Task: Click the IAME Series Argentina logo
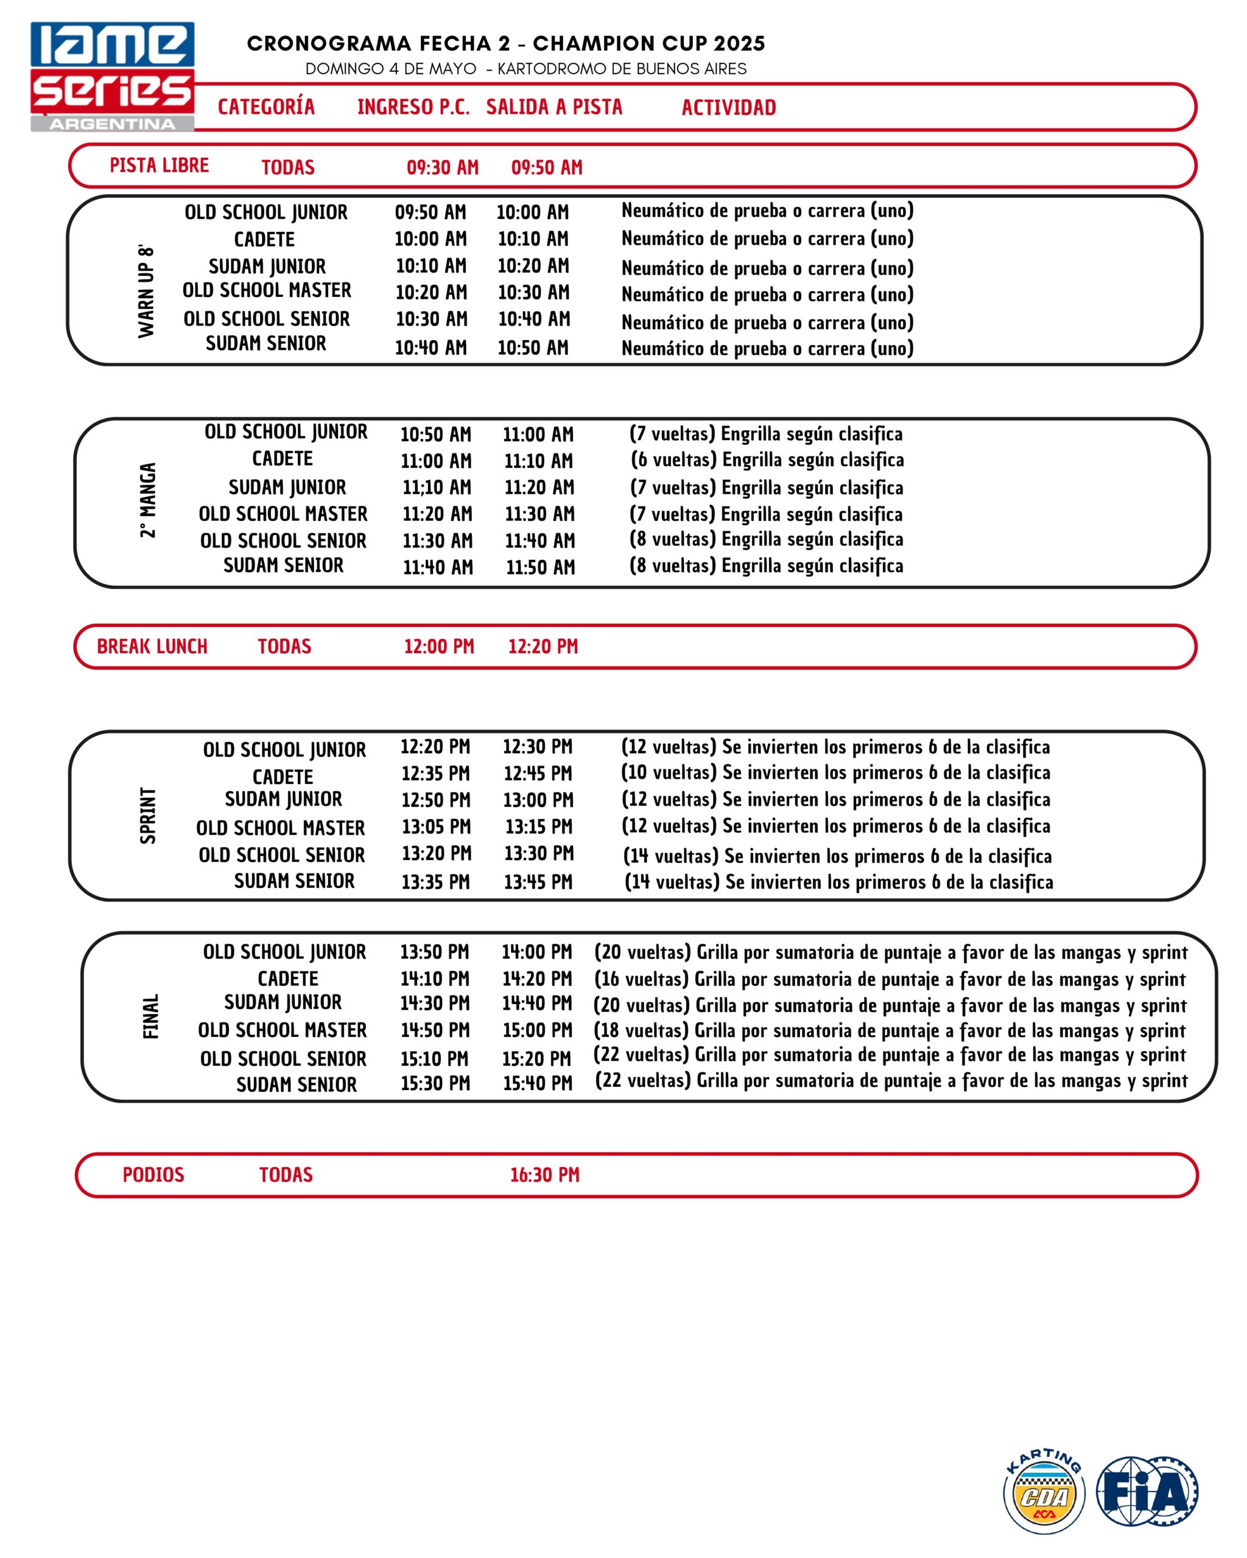click(x=112, y=77)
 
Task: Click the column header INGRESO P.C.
click(x=413, y=107)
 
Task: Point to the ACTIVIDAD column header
click(x=728, y=108)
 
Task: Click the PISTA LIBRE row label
click(x=159, y=166)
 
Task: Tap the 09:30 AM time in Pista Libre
click(x=443, y=167)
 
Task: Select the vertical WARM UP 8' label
click(x=147, y=290)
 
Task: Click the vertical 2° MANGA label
click(x=148, y=500)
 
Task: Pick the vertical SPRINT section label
click(x=148, y=815)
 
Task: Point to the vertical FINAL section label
click(x=150, y=1016)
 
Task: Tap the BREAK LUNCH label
click(x=152, y=646)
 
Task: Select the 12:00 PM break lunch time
click(x=439, y=646)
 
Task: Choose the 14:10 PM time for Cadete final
click(x=435, y=979)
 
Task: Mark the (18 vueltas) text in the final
click(x=641, y=1030)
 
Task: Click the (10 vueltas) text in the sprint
click(x=669, y=772)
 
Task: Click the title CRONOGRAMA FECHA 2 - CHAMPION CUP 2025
click(x=505, y=43)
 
